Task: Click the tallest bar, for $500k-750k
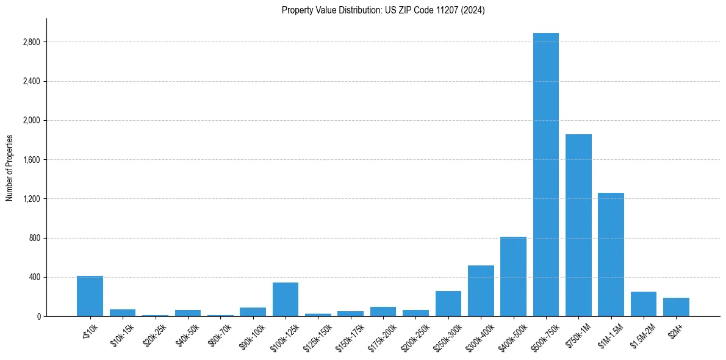[x=545, y=175]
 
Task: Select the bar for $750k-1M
[x=578, y=225]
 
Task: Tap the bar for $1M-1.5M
[x=611, y=254]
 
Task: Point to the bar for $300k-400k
[x=481, y=291]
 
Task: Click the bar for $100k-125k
[x=286, y=300]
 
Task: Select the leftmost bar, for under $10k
[x=90, y=297]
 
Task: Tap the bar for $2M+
[x=676, y=307]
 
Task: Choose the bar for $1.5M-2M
[x=643, y=304]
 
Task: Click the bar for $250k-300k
[x=448, y=304]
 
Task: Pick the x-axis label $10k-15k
[x=122, y=335]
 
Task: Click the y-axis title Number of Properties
[x=10, y=168]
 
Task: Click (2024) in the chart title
[x=474, y=10]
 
